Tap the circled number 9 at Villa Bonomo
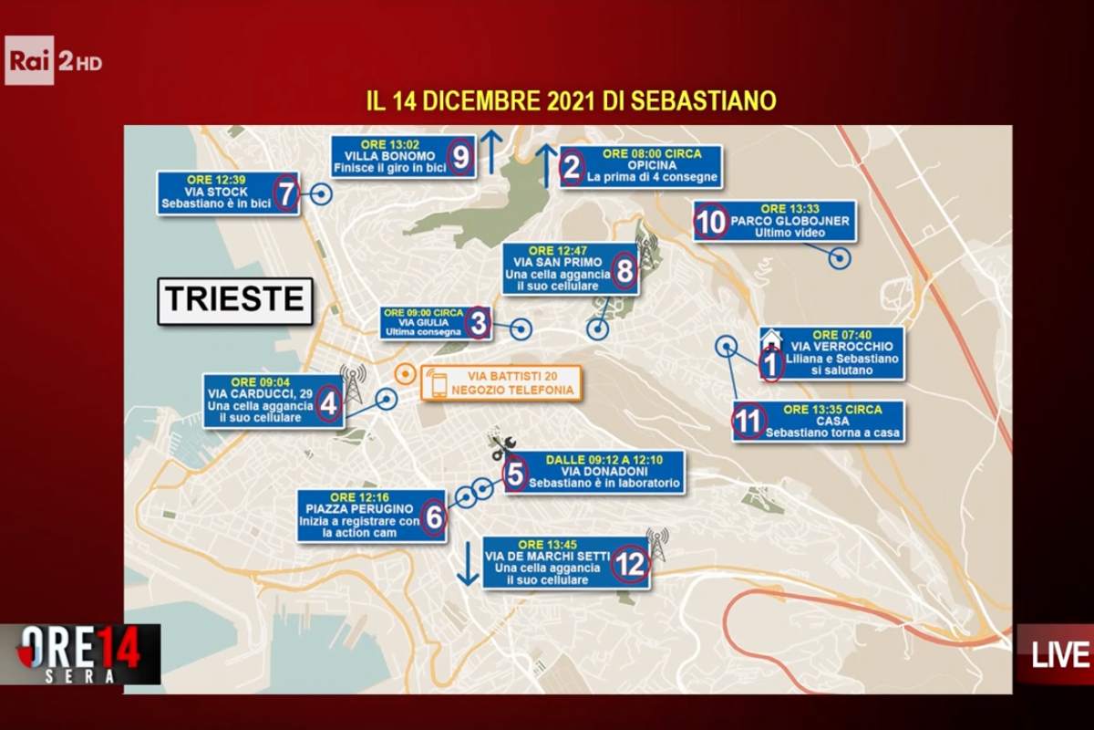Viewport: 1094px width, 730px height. pos(460,158)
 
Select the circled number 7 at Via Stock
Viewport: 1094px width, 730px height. pos(286,193)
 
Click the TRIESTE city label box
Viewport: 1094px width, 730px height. pos(235,300)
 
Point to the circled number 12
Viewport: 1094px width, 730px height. pos(630,564)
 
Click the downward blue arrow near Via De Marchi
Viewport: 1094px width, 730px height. pos(468,564)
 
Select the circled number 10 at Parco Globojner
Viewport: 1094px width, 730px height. pos(711,222)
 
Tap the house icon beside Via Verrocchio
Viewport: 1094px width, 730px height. pos(770,339)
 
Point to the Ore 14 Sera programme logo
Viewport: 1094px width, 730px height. pos(80,653)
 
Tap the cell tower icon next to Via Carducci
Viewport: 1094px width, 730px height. pos(353,381)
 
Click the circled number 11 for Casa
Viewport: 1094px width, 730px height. pos(748,422)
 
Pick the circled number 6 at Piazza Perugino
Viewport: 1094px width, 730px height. pos(434,517)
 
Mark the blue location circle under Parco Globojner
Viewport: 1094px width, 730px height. pos(839,258)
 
